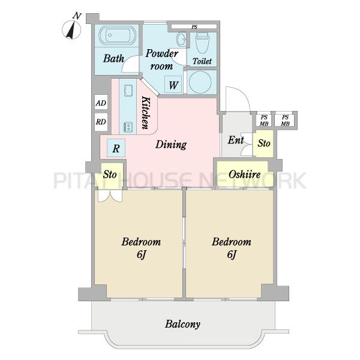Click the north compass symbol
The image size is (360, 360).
(71, 30)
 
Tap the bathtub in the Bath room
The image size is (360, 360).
(117, 35)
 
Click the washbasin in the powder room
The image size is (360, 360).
(181, 39)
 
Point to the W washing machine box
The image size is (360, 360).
(173, 85)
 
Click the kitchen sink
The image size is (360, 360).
(128, 91)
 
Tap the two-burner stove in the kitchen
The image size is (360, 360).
(128, 127)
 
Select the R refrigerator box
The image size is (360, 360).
(116, 148)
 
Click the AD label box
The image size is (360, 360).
(101, 103)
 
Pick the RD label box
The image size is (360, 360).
(101, 122)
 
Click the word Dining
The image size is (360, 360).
(171, 145)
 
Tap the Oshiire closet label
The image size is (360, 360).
(245, 174)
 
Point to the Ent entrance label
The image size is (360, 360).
(236, 140)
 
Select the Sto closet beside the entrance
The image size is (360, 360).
(263, 143)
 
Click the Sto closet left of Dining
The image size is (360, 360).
(110, 175)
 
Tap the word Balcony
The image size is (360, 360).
(182, 324)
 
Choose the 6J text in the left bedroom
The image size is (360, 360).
(142, 254)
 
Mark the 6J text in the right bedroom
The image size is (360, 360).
(232, 254)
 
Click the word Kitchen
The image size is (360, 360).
(146, 113)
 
